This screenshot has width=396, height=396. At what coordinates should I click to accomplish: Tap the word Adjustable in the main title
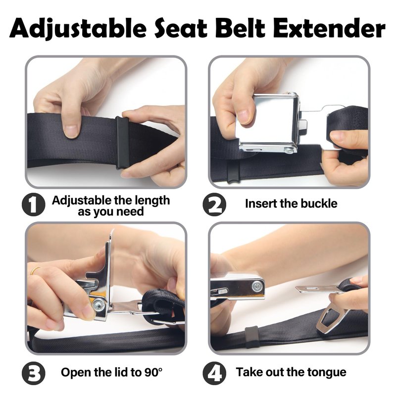78,28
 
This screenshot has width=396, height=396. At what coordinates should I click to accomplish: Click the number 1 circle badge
33,204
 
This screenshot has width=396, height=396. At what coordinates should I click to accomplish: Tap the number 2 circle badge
214,204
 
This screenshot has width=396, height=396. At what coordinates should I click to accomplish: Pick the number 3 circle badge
33,373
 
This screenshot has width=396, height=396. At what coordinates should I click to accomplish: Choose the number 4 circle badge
214,373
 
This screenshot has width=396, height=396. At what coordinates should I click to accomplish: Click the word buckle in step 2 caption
317,203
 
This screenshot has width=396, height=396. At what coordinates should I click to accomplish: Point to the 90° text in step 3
153,372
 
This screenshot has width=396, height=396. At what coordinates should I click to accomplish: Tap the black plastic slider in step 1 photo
123,142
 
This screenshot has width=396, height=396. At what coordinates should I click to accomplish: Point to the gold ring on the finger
35,270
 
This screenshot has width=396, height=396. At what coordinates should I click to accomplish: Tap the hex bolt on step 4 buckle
257,286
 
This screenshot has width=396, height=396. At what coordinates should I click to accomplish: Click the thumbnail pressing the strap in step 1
71,131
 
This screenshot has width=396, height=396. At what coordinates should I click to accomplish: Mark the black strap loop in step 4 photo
252,337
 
